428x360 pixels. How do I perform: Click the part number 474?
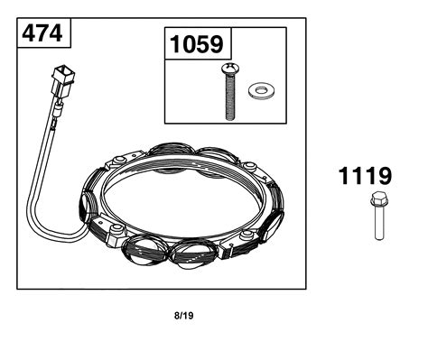coord(42,33)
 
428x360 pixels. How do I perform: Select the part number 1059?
coord(197,44)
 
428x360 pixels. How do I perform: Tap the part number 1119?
coord(365,176)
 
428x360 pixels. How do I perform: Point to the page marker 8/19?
coord(184,316)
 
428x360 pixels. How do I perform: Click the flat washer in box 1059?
coord(261,90)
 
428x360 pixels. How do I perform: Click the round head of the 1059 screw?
coord(230,68)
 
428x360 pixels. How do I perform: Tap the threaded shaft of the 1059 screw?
coord(230,97)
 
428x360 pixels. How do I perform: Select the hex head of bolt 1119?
coord(378,199)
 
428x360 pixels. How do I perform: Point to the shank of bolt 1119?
coord(379,223)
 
